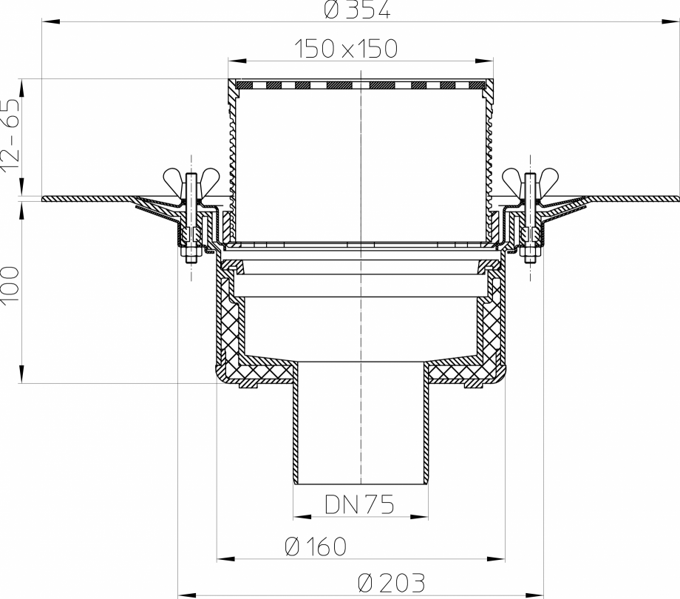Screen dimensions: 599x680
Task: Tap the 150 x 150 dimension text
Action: point(346,49)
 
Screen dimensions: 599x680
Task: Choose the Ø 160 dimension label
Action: point(316,546)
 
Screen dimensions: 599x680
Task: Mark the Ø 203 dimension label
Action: point(391,583)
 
